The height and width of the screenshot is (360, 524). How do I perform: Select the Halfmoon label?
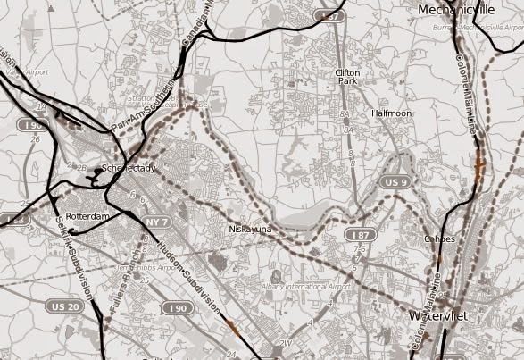point(392,113)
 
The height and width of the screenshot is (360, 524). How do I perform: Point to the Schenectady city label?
point(129,168)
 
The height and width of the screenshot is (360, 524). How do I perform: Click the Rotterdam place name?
point(87,217)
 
